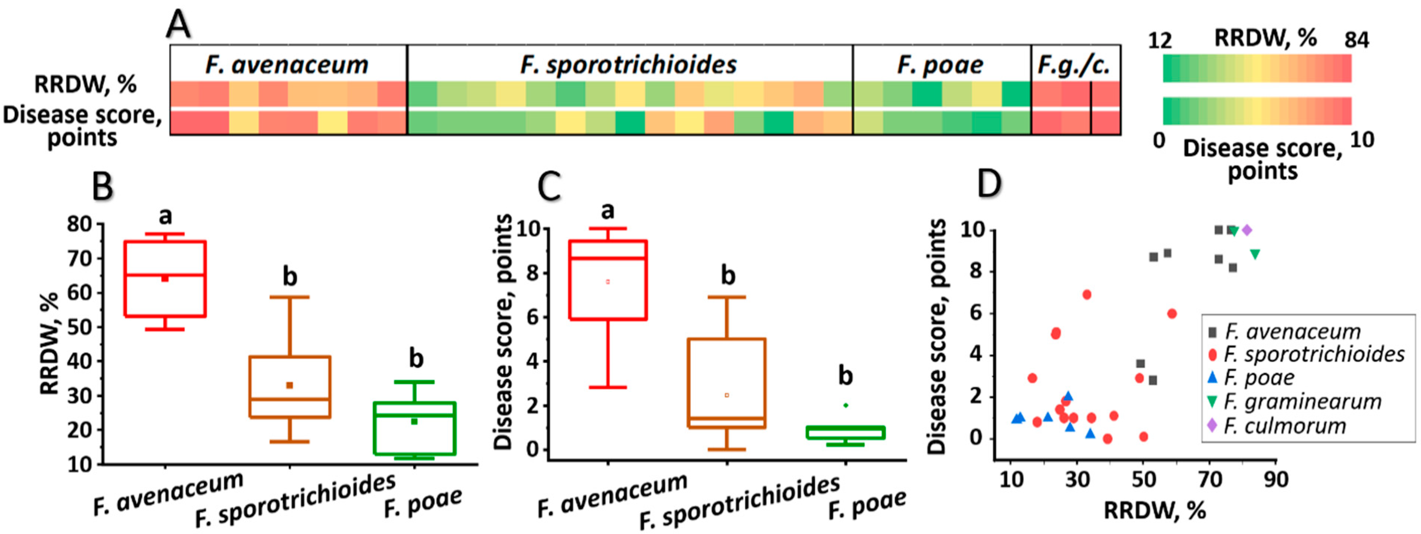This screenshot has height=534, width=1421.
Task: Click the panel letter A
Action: (x=179, y=25)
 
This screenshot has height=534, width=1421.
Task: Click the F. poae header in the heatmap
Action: (x=941, y=65)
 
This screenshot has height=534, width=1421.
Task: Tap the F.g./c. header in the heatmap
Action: (x=1073, y=65)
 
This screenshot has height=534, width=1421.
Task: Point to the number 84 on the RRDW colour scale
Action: (x=1356, y=40)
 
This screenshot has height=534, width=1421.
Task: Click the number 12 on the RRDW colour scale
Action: (x=1160, y=40)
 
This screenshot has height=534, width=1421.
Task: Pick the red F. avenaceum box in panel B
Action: (x=166, y=278)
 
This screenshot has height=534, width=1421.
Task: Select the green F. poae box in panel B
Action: (x=414, y=428)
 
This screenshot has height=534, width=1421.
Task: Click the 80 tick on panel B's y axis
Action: (x=78, y=224)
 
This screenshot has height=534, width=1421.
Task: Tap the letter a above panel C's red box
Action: (x=607, y=210)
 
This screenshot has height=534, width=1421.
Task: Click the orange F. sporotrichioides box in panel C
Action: (x=727, y=383)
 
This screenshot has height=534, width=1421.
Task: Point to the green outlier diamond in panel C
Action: (x=845, y=405)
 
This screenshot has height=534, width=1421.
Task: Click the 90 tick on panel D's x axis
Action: (x=1276, y=480)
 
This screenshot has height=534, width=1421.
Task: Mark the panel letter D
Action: (x=989, y=184)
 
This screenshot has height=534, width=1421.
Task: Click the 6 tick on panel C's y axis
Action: (x=534, y=317)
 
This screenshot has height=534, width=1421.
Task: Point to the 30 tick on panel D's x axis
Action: (x=1077, y=480)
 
